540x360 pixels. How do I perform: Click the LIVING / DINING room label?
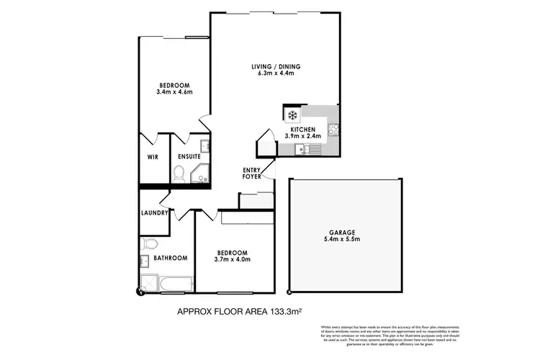click(276, 67)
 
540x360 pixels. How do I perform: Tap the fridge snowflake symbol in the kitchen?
click(292, 114)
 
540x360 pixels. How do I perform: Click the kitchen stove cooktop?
click(333, 130)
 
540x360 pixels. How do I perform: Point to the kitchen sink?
click(307, 149)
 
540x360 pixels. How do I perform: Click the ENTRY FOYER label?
click(251, 173)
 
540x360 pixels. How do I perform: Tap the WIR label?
click(153, 156)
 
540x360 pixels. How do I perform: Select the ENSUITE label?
click(189, 156)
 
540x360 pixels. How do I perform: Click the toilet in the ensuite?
click(179, 173)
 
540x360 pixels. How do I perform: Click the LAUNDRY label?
click(154, 212)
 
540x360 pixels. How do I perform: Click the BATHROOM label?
click(171, 258)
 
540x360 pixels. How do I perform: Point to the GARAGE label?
click(343, 232)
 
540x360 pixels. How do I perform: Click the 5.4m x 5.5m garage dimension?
click(343, 240)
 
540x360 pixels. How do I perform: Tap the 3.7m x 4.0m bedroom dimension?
click(233, 260)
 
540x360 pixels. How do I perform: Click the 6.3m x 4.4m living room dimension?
click(276, 75)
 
